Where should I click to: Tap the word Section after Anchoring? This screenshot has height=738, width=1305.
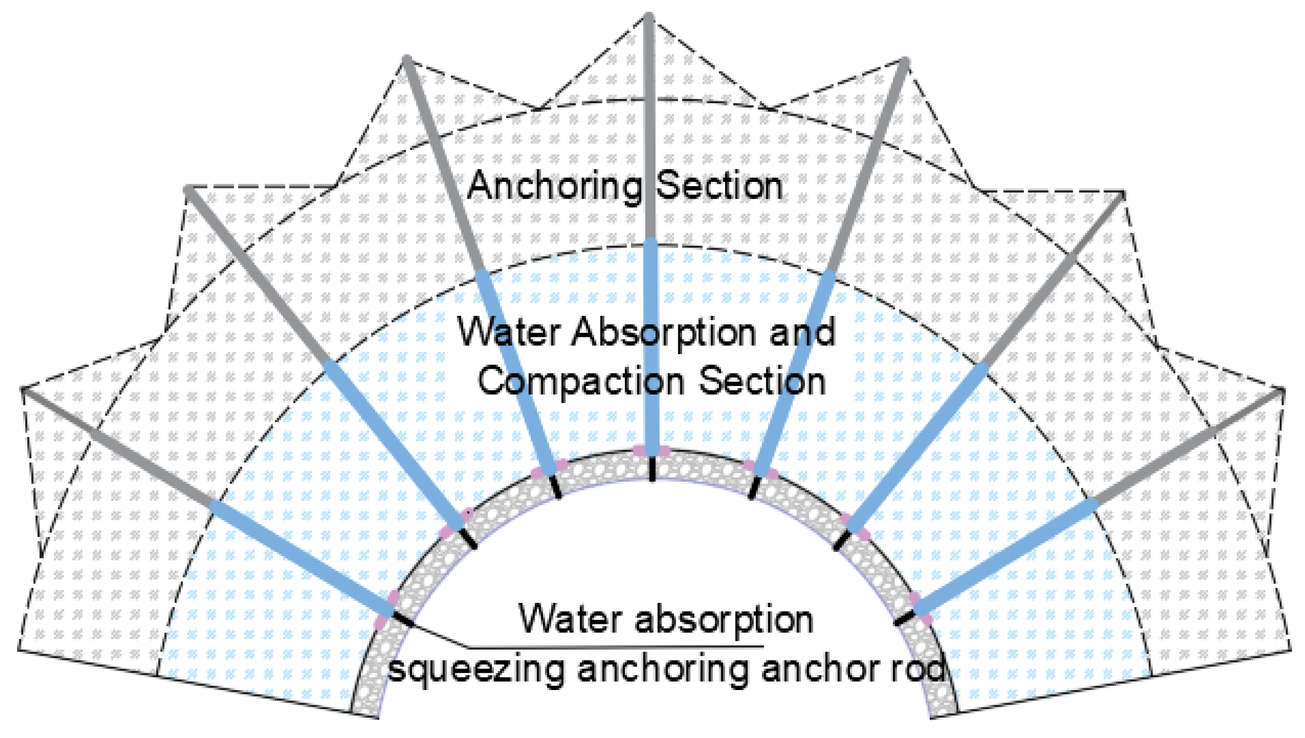coord(720,186)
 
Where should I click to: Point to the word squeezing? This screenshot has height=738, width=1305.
coord(476,669)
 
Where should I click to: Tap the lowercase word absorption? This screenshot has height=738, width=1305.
coord(724,619)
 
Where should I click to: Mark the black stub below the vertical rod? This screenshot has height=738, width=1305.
coord(652,469)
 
